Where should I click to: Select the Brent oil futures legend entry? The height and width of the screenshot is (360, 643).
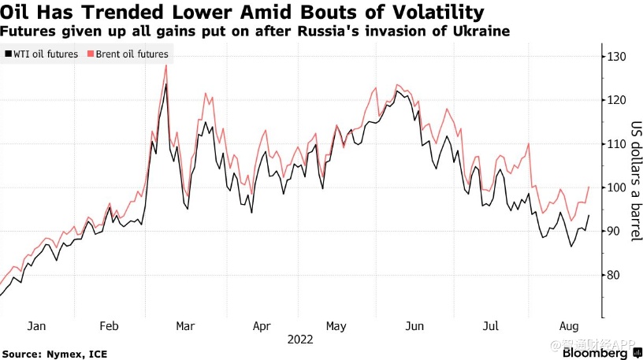click(132, 54)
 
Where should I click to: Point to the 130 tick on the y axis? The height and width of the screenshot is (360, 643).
click(615, 57)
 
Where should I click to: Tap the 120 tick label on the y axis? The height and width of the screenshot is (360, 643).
click(615, 100)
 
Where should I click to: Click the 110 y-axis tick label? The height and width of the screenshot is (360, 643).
click(615, 144)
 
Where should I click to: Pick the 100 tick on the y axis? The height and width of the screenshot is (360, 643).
click(615, 187)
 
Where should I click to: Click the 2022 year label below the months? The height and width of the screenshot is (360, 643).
click(300, 340)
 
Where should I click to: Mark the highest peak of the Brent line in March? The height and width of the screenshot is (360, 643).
click(165, 65)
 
